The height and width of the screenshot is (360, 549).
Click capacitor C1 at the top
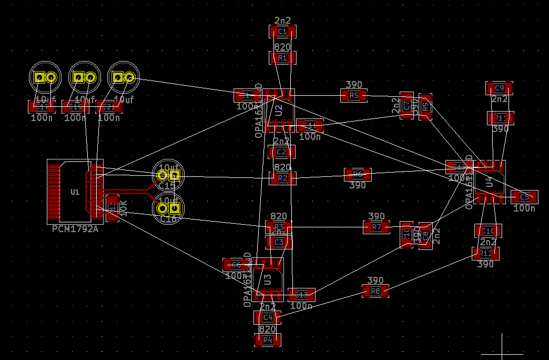click(x=282, y=32)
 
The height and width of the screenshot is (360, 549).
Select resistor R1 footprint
click(x=282, y=58)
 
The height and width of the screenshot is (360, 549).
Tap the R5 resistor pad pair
click(x=354, y=95)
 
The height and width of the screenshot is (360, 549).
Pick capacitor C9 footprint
click(x=499, y=87)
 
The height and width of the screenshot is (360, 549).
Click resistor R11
click(x=500, y=117)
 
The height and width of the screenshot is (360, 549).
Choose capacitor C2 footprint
click(x=282, y=152)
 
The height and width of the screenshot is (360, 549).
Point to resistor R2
click(x=282, y=178)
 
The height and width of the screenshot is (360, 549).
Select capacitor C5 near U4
click(x=524, y=197)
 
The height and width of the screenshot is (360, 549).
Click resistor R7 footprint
click(x=377, y=227)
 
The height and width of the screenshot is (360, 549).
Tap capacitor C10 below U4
click(x=488, y=231)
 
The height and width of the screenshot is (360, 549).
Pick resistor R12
click(x=485, y=253)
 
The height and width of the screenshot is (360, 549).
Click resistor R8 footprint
click(x=375, y=291)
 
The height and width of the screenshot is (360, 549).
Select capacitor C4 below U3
click(x=268, y=317)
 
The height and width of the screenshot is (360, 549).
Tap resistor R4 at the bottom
click(x=268, y=340)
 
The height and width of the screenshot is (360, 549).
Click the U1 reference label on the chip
click(x=75, y=192)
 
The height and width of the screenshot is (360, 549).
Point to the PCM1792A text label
click(x=75, y=229)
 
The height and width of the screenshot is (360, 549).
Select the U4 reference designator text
click(x=489, y=182)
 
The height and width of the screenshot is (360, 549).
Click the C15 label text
click(x=167, y=186)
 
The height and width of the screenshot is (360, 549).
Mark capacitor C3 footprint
click(x=279, y=242)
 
